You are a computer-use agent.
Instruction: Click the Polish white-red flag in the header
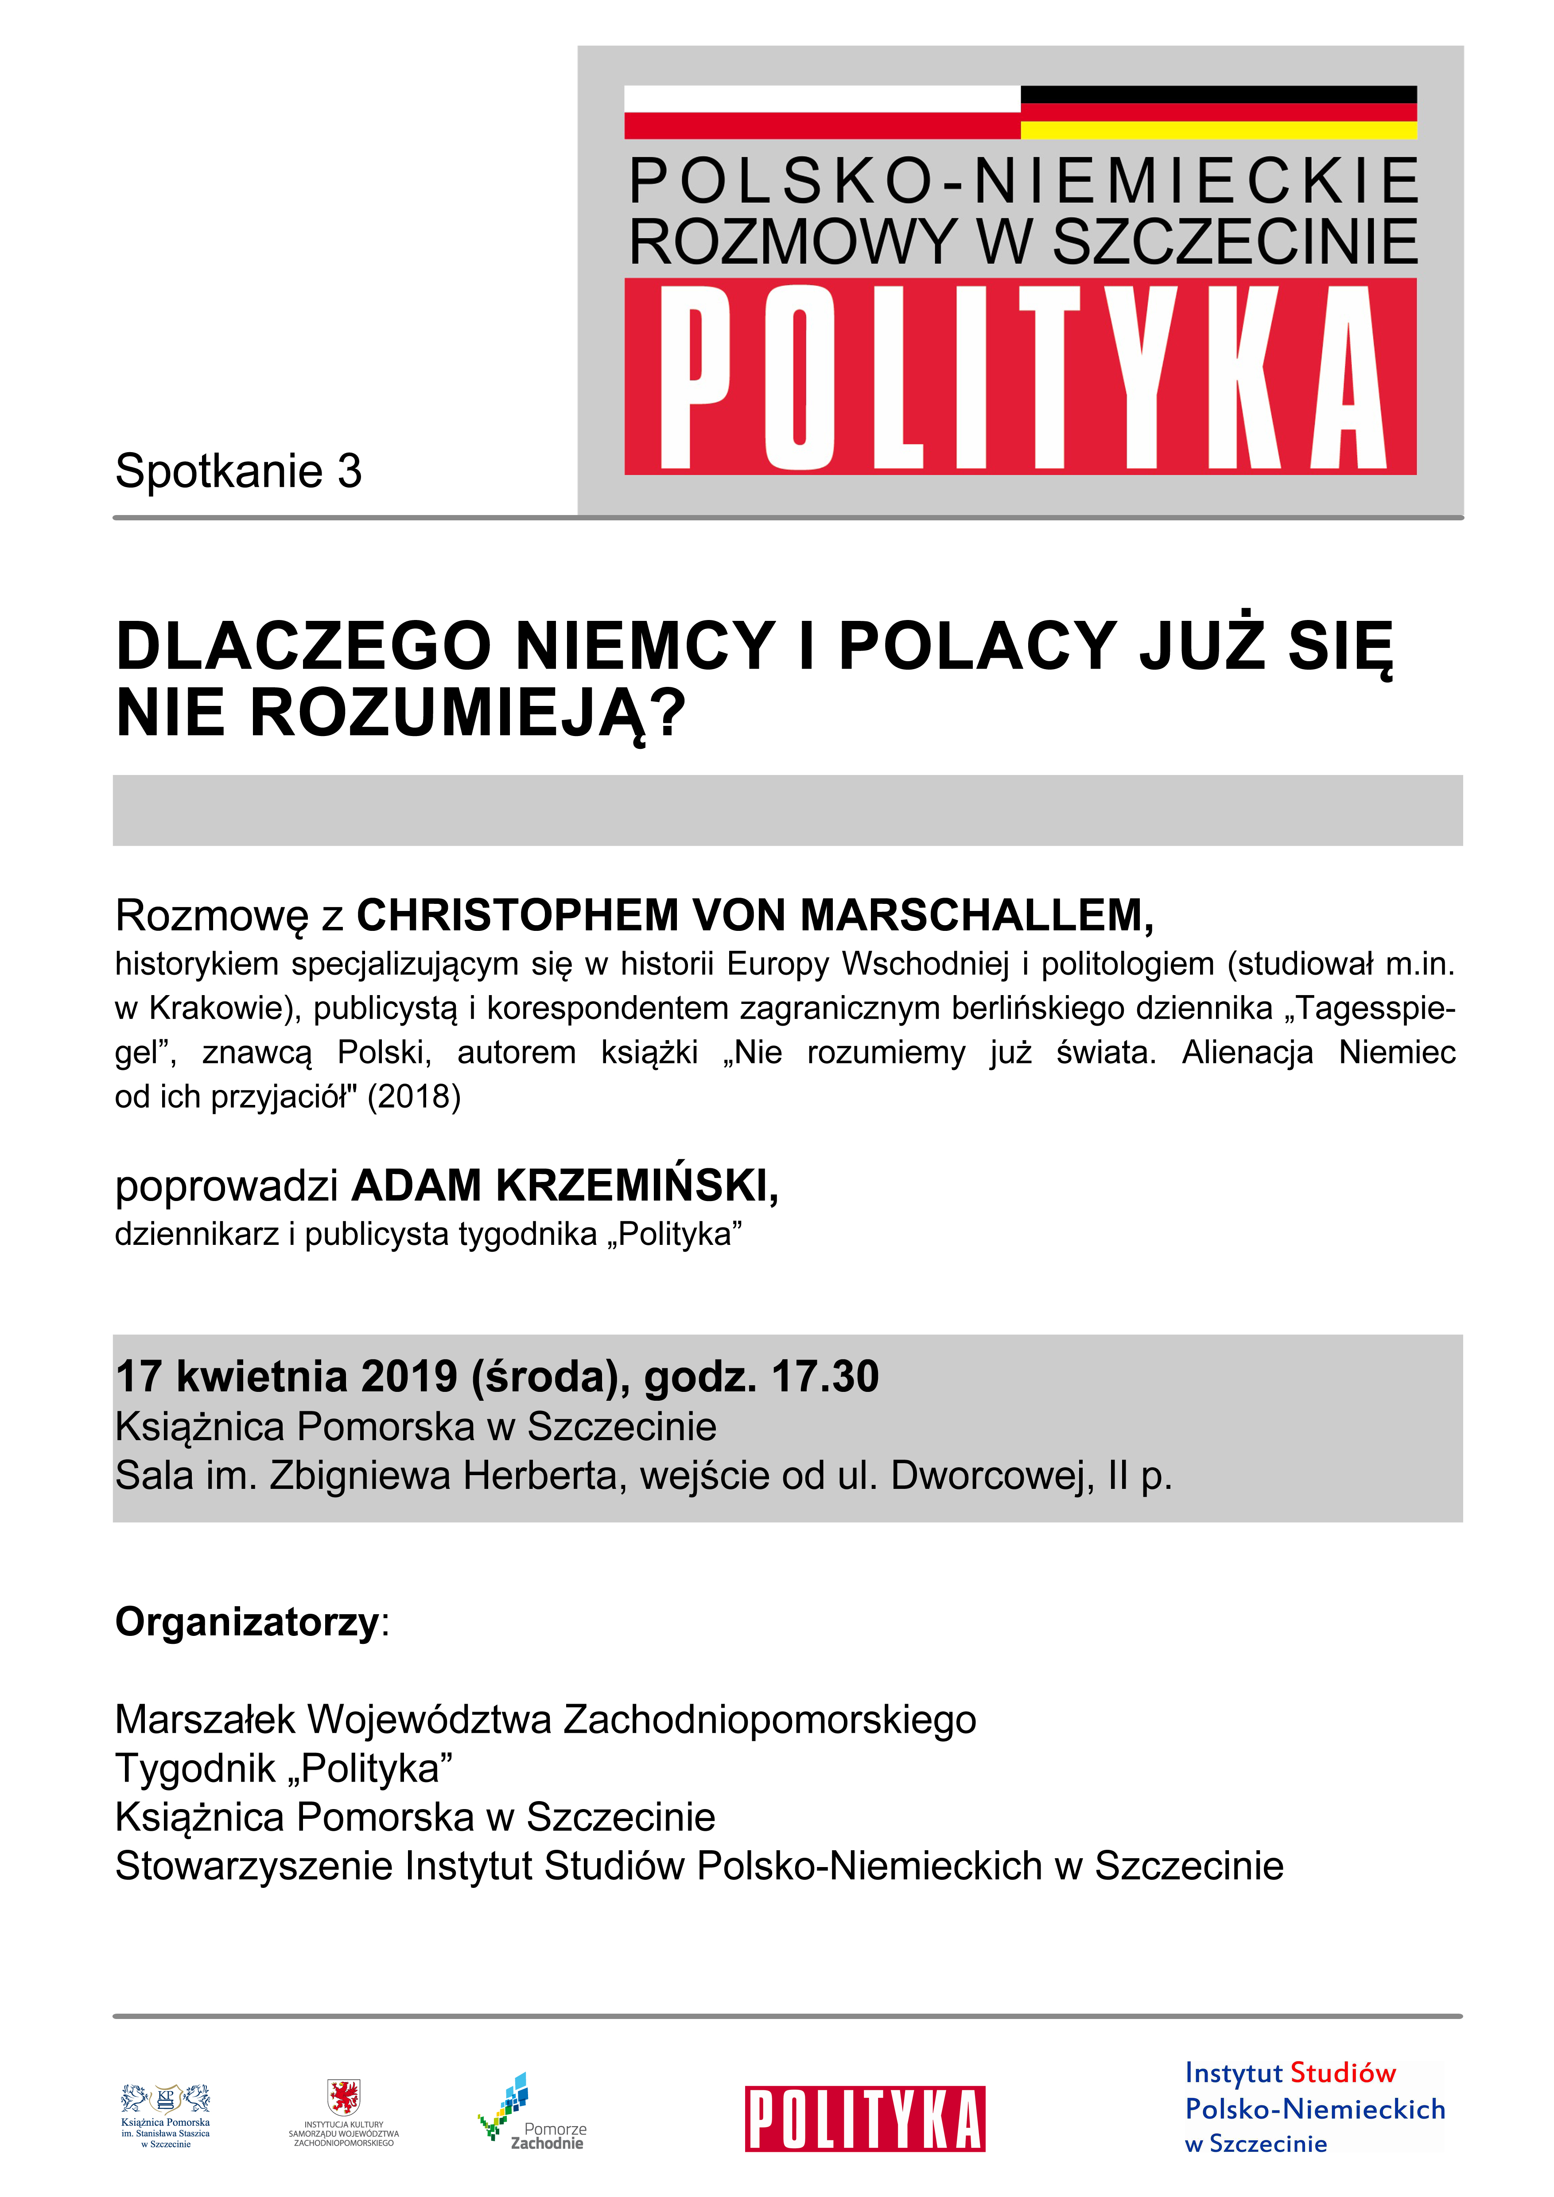(822, 112)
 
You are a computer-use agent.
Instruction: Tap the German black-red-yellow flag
(1218, 112)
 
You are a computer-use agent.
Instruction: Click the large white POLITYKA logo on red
(1020, 377)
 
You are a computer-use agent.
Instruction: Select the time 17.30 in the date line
(825, 1377)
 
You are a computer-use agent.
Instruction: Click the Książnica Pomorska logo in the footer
(166, 2117)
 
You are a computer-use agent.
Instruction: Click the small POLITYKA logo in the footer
(865, 2120)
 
